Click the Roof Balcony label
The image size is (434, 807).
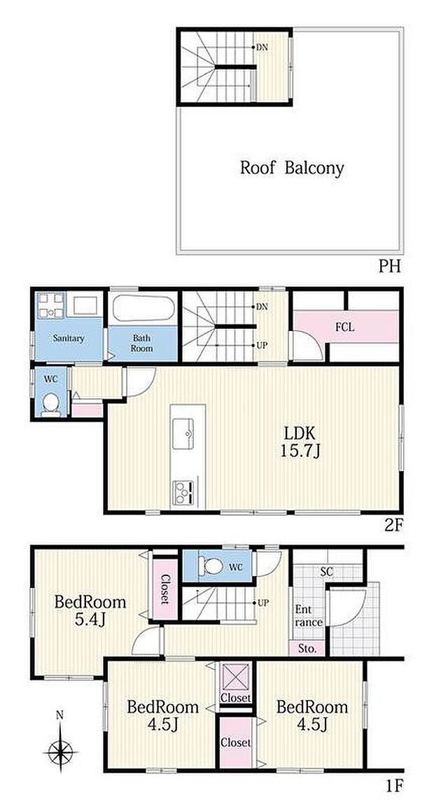pyautogui.click(x=292, y=168)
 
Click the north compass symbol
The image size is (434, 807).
pyautogui.click(x=59, y=751)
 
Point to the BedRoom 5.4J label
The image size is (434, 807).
pyautogui.click(x=90, y=610)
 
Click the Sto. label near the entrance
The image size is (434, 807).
pyautogui.click(x=308, y=649)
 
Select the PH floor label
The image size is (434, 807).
pyautogui.click(x=391, y=267)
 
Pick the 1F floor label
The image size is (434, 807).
pyautogui.click(x=393, y=785)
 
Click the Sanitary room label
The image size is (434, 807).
pyautogui.click(x=68, y=339)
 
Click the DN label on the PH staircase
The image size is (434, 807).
pyautogui.click(x=261, y=48)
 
